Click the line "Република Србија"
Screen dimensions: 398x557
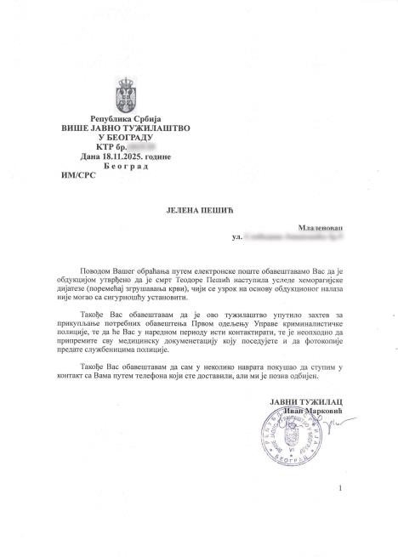click(x=125, y=118)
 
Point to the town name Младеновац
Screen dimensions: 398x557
click(x=319, y=229)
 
